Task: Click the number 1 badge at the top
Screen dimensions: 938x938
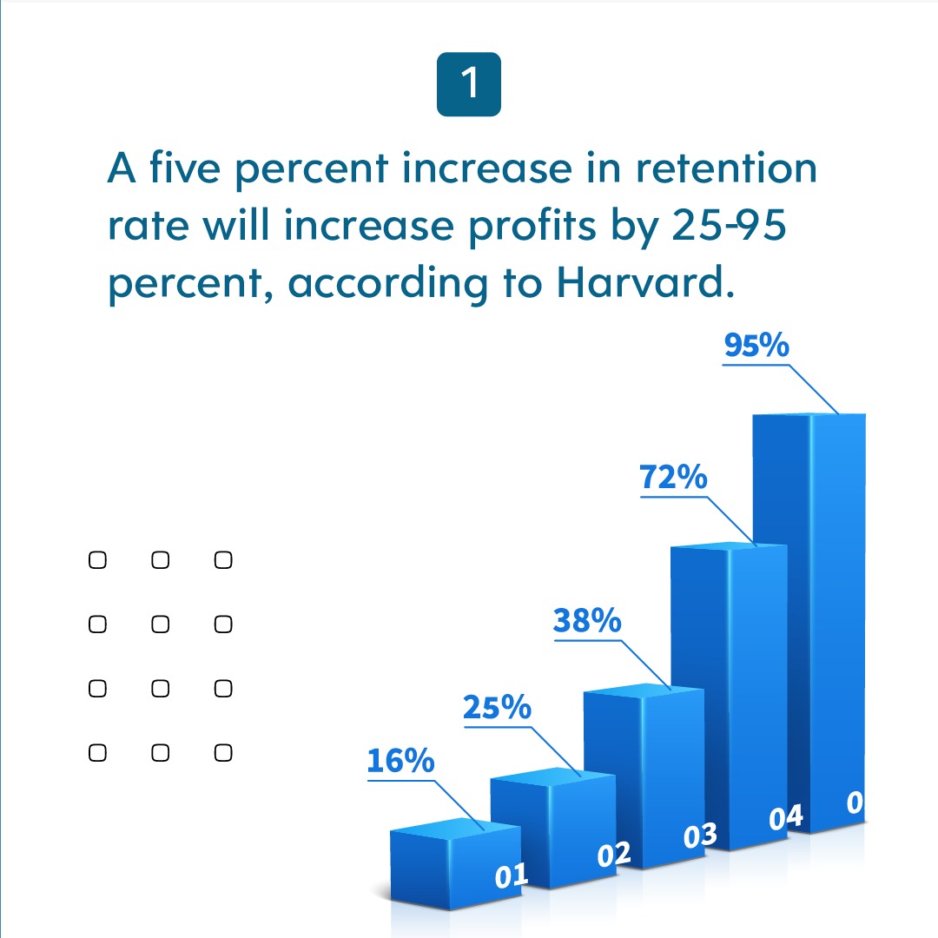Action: coord(469,84)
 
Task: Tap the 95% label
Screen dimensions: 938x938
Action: coord(756,346)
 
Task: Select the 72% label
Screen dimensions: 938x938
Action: coord(673,478)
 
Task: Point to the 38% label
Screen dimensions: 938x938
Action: coord(587,621)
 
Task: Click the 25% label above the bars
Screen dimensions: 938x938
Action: coord(497,708)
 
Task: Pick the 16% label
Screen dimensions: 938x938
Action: coord(400,761)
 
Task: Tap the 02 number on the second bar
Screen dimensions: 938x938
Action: coord(614,855)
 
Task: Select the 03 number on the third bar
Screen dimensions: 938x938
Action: coord(700,836)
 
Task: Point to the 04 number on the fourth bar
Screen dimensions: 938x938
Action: coord(786,817)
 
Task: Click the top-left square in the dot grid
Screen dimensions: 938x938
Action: coord(97,560)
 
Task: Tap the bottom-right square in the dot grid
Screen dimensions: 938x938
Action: coord(223,753)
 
